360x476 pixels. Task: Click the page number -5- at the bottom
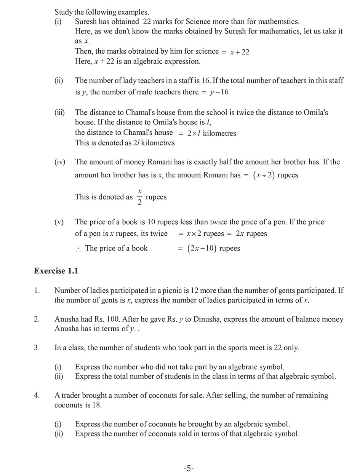(189, 468)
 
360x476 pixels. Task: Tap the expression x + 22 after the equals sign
(240, 52)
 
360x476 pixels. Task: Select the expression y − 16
(219, 92)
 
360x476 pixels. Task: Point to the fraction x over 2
(140, 196)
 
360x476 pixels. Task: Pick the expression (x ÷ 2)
(264, 175)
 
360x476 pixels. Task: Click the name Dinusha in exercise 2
(207, 319)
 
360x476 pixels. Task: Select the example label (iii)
(59, 112)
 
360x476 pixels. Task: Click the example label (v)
(59, 222)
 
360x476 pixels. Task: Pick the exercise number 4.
(37, 395)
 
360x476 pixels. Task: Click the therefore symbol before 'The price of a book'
(78, 249)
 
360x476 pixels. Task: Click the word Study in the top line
(63, 12)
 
